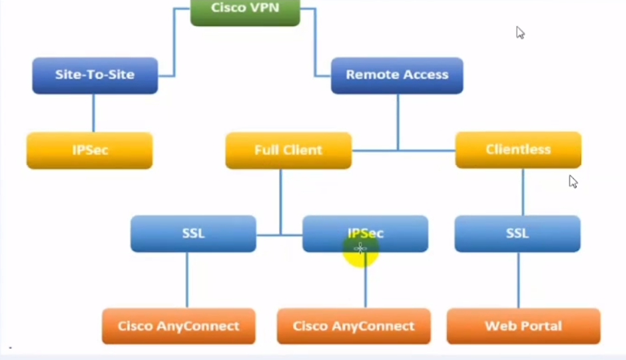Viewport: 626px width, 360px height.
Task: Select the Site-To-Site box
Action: click(95, 75)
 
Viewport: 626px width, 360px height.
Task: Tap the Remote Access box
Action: click(397, 75)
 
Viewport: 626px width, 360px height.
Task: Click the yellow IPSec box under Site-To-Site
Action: click(90, 150)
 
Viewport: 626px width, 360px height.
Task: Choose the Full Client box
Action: click(288, 150)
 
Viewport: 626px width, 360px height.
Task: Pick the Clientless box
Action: click(518, 150)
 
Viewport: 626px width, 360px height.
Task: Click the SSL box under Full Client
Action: click(193, 234)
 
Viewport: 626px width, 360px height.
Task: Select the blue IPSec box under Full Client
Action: click(365, 234)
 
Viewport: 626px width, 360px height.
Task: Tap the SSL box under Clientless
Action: click(517, 234)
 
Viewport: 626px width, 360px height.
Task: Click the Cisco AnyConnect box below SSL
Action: click(178, 326)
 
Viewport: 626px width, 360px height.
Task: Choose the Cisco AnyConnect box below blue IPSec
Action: click(354, 326)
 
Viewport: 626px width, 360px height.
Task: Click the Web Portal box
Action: click(523, 326)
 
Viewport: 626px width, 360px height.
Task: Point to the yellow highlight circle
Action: click(361, 250)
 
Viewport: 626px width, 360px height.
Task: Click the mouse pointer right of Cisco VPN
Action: click(520, 33)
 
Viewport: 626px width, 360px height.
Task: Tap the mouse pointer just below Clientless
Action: click(573, 182)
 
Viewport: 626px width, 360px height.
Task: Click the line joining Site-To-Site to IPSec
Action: click(93, 113)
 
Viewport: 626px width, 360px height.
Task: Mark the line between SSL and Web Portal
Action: click(519, 279)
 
